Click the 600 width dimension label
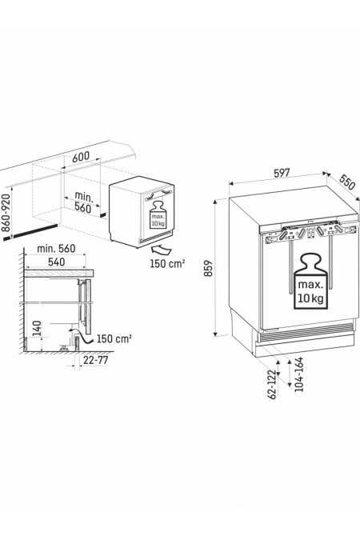pyautogui.click(x=81, y=157)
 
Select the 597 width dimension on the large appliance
pyautogui.click(x=282, y=173)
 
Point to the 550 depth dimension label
pyautogui.click(x=346, y=182)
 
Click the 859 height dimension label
pyautogui.click(x=209, y=268)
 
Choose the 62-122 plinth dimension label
pyautogui.click(x=273, y=385)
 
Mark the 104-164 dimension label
pyautogui.click(x=298, y=374)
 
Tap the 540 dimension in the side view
pyautogui.click(x=56, y=262)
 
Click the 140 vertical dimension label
pyautogui.click(x=37, y=329)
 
